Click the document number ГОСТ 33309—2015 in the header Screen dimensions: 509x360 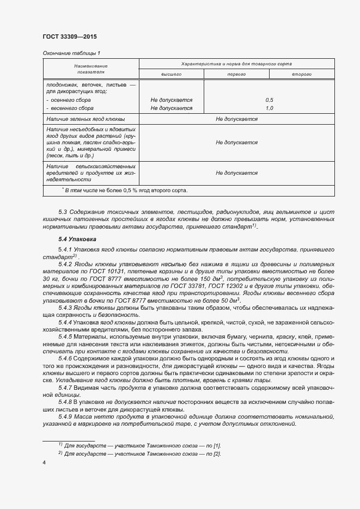point(69,36)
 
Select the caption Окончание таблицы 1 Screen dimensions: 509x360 point(71,53)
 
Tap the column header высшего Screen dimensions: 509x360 point(171,73)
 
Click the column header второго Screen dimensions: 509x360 point(301,73)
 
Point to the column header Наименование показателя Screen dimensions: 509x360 point(91,69)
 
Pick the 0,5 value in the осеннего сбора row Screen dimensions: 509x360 point(269,100)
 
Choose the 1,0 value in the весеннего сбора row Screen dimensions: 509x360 point(269,108)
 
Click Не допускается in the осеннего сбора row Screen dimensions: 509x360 point(171,100)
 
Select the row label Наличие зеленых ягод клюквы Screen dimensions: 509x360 point(86,119)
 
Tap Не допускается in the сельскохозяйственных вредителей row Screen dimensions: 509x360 point(236,173)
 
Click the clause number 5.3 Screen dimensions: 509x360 point(62,211)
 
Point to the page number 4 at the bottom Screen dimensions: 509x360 point(44,463)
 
